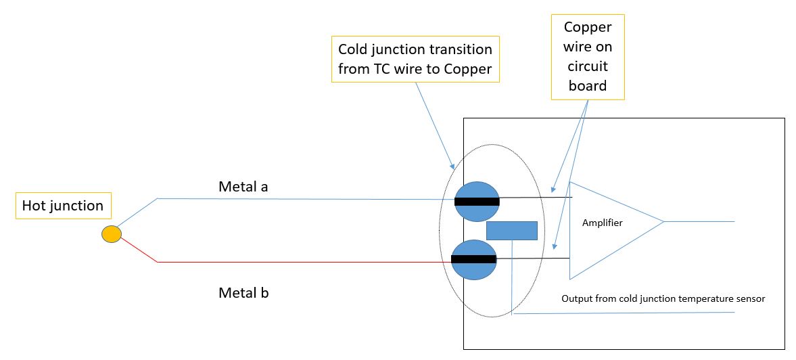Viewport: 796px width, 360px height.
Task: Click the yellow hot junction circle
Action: (112, 234)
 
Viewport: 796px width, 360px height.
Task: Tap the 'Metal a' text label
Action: (243, 186)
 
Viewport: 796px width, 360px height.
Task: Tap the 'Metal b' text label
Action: (243, 293)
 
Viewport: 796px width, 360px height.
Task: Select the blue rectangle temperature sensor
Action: (512, 231)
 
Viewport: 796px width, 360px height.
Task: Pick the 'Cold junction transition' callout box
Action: (415, 60)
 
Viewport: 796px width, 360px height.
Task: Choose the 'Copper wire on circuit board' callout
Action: (587, 58)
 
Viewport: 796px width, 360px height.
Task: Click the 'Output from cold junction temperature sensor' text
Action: (663, 298)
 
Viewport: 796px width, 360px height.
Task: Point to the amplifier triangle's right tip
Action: (662, 221)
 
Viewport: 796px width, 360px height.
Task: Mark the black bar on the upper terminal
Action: (477, 201)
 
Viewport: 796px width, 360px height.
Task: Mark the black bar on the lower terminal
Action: (473, 259)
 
